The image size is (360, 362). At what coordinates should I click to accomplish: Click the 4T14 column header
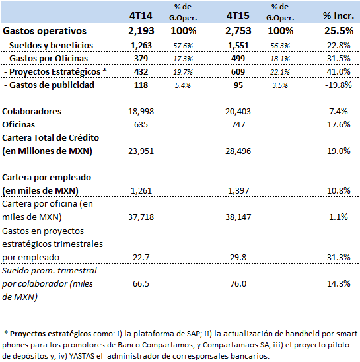(x=141, y=16)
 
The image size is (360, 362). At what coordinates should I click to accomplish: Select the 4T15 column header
(x=238, y=16)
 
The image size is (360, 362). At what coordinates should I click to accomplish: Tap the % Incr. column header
(x=338, y=16)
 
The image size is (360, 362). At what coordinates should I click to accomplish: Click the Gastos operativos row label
(x=44, y=31)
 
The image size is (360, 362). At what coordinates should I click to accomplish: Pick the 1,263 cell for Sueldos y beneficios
(x=141, y=45)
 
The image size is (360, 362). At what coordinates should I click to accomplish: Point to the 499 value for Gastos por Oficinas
(x=238, y=58)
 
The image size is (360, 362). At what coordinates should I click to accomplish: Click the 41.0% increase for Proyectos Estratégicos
(x=338, y=71)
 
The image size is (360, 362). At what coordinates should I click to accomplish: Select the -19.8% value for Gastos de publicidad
(x=338, y=85)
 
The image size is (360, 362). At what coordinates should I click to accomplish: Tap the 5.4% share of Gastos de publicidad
(x=183, y=85)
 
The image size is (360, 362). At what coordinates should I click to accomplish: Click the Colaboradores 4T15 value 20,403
(x=238, y=112)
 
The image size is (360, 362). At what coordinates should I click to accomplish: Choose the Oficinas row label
(x=18, y=125)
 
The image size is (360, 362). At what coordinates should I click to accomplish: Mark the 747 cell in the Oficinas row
(x=238, y=125)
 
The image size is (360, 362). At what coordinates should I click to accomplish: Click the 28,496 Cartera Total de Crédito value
(x=238, y=151)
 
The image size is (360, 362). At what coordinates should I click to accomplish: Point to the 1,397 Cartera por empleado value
(x=238, y=191)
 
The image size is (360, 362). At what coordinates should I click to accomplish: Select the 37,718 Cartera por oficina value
(x=141, y=217)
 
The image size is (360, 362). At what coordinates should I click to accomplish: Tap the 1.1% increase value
(x=338, y=217)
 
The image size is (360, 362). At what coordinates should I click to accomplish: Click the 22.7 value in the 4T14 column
(x=141, y=257)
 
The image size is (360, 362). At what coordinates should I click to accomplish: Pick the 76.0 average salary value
(x=238, y=283)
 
